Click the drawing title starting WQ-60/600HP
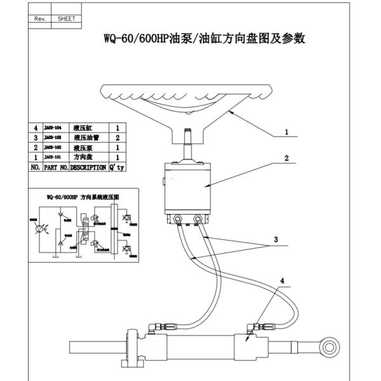pos(205,39)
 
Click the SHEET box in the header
pos(66,19)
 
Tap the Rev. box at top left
pos(39,19)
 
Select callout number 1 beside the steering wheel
pos(286,132)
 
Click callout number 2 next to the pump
pos(286,158)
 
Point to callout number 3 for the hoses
pos(276,240)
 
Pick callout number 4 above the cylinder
pos(283,279)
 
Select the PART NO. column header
pos(55,168)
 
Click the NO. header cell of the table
pos(36,168)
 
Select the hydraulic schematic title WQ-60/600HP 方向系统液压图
pos(83,197)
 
